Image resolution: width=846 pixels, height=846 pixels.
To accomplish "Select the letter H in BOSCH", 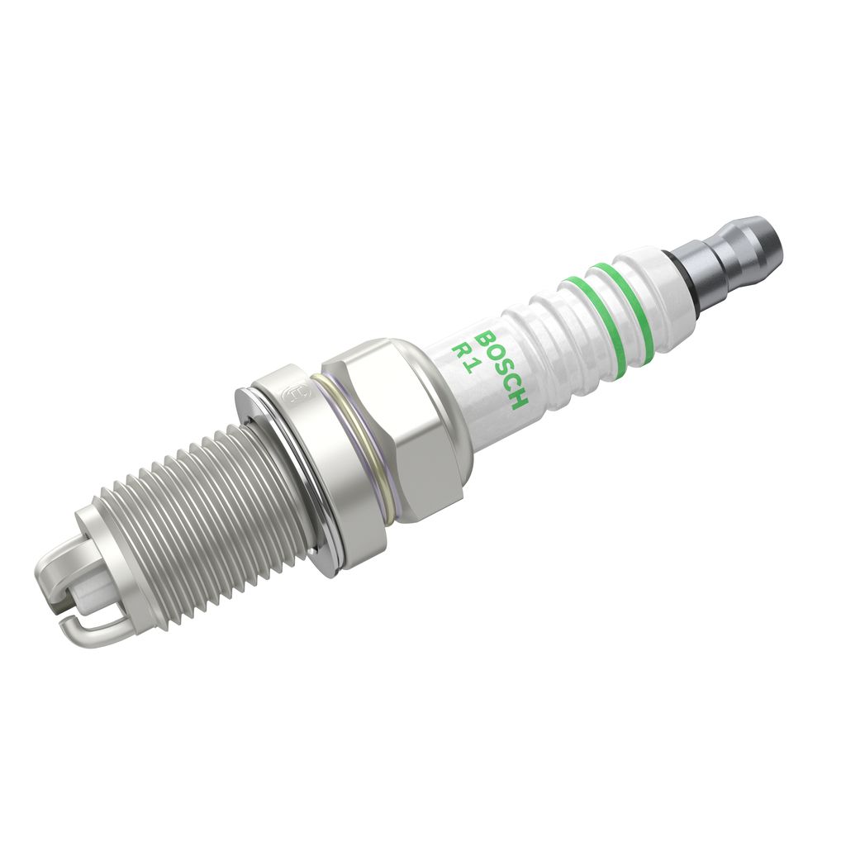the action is click(x=518, y=402).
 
